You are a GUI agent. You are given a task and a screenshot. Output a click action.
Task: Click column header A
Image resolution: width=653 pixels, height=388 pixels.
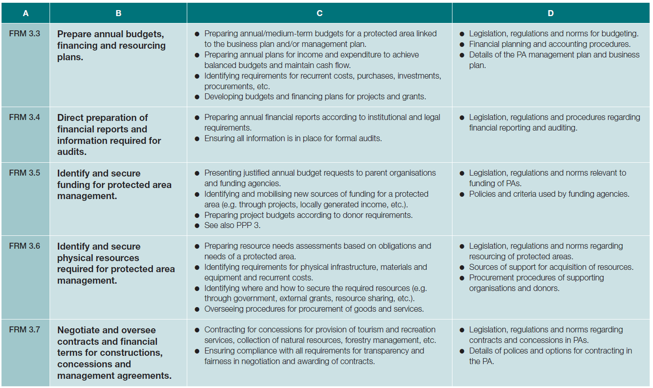[26, 13]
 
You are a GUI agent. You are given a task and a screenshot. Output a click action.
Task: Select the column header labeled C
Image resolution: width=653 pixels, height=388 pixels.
[319, 13]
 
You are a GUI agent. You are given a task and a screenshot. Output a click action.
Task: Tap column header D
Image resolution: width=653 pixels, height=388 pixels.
[551, 13]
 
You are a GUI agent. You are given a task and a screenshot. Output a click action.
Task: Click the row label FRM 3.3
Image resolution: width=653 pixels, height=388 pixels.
[25, 34]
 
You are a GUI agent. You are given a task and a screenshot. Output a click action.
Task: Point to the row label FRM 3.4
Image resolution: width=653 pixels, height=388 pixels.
[25, 117]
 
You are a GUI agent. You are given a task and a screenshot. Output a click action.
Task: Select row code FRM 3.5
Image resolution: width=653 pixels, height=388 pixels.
[25, 173]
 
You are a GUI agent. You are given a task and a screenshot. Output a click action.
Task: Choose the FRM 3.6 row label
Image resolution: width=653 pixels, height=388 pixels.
[25, 246]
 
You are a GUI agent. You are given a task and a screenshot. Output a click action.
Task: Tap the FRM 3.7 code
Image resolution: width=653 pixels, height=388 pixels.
[25, 330]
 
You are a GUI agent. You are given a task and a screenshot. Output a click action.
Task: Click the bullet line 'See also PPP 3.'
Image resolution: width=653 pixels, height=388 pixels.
[232, 225]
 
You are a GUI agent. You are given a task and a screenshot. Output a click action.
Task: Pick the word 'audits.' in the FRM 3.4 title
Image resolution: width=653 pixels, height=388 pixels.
[72, 152]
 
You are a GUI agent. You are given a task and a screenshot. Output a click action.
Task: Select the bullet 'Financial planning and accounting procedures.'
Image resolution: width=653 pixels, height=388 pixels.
[549, 44]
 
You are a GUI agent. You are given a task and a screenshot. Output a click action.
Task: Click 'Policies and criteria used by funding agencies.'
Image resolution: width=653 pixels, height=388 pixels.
[549, 194]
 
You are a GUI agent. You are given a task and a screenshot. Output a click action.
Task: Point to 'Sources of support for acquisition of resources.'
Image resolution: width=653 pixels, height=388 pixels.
[551, 267]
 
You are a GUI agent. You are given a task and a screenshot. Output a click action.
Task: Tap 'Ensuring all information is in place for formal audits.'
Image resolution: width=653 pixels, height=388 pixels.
[293, 138]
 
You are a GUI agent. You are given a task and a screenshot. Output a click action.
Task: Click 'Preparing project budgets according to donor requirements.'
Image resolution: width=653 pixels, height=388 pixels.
[308, 215]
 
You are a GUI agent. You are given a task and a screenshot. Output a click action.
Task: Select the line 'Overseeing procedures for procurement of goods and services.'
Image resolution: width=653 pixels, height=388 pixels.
[314, 309]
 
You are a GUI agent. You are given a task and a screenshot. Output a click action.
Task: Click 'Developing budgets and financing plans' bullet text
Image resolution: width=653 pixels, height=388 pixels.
[315, 97]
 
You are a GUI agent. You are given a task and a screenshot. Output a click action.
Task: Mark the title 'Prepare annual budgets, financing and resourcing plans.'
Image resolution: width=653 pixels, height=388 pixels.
[111, 46]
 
